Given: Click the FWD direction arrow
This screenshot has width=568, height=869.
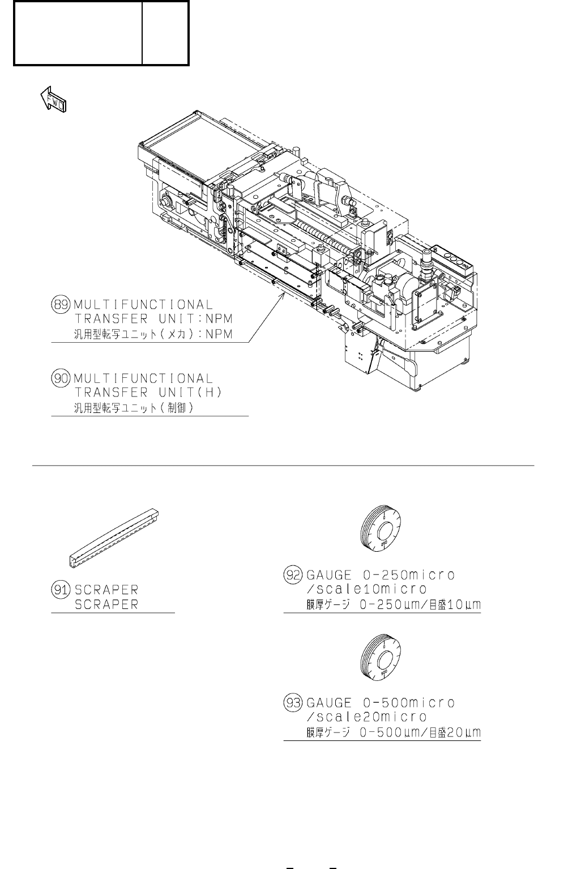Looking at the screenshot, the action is (x=53, y=100).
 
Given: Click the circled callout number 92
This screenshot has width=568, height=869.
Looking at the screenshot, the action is (x=292, y=576).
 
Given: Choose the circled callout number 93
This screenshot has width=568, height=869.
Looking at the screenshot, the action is (x=292, y=703).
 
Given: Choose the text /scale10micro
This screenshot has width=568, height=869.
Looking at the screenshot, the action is (x=366, y=590).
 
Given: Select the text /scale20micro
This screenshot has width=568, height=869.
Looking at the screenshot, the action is (x=366, y=717).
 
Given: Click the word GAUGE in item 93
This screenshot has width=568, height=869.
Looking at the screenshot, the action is (x=328, y=703).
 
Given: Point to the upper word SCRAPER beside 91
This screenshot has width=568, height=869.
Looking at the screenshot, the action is (x=106, y=590).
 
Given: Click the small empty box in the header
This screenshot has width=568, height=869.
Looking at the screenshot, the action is (x=165, y=33).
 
